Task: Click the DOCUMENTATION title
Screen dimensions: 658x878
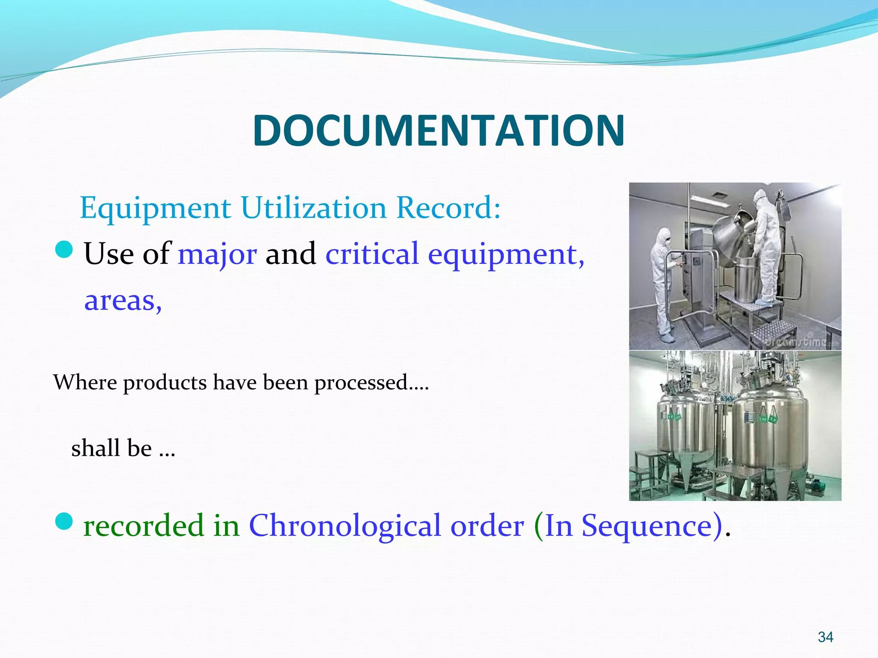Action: tap(439, 130)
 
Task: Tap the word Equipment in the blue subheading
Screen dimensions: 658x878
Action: tap(155, 208)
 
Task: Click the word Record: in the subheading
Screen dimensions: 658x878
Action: tap(448, 208)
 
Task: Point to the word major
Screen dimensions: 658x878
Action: tap(217, 254)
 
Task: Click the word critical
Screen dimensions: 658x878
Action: tap(372, 254)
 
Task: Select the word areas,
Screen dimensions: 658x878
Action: tap(123, 301)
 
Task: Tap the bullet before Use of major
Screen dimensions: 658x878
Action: tap(64, 249)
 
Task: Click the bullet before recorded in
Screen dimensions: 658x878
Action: tap(64, 521)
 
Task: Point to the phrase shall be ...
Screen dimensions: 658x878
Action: tap(111, 449)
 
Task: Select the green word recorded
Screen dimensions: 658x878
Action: tap(144, 526)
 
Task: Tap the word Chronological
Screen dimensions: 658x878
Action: tap(345, 526)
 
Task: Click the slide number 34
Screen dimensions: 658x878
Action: tap(825, 637)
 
